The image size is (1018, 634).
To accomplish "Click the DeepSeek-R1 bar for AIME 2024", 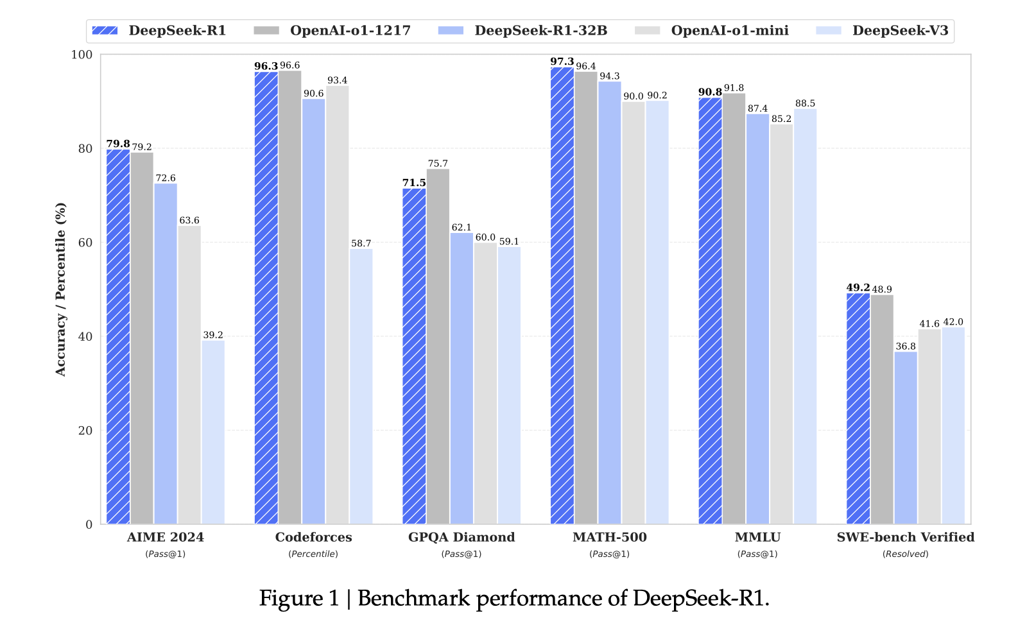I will click(x=118, y=337).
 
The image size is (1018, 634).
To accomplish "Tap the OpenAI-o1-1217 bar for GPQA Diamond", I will click(x=438, y=347).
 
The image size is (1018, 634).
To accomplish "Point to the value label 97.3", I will click(x=562, y=62).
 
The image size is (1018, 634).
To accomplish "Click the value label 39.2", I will click(x=213, y=335).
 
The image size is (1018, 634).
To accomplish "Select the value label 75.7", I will click(x=438, y=164).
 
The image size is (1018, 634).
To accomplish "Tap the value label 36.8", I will click(x=906, y=347).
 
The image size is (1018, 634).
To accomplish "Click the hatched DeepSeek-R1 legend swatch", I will click(x=105, y=30).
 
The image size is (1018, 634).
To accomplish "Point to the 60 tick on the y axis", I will click(x=85, y=243).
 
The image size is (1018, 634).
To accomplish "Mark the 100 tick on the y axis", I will click(x=82, y=55).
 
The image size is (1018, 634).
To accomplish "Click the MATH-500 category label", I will click(x=609, y=537).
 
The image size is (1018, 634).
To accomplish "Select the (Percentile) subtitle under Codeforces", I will click(x=313, y=554).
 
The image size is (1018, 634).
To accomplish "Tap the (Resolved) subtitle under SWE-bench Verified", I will click(x=905, y=554).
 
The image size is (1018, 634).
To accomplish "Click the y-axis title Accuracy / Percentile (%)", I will click(x=61, y=289).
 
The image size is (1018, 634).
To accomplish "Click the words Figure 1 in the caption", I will click(x=298, y=598).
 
